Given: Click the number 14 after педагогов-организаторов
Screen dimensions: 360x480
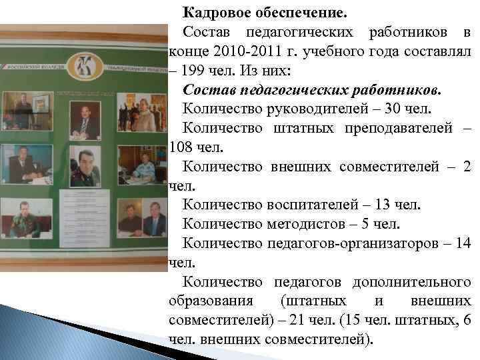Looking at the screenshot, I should [462, 243].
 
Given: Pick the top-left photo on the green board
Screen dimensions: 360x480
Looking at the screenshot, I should [27, 110].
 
